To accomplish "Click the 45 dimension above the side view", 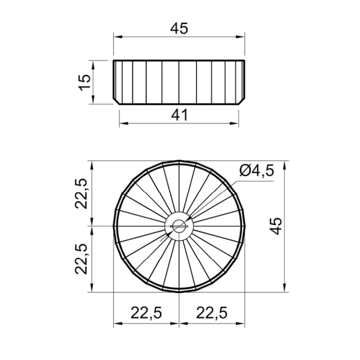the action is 179,28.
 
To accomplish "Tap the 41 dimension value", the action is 179,115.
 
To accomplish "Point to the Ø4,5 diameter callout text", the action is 257,171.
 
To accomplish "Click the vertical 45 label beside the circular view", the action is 276,226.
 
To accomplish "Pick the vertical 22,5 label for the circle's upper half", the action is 81,193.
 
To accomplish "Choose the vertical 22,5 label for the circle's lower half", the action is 81,259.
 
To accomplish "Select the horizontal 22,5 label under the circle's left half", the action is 147,313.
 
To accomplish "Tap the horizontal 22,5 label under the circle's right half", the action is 212,313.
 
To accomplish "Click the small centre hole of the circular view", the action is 179,226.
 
